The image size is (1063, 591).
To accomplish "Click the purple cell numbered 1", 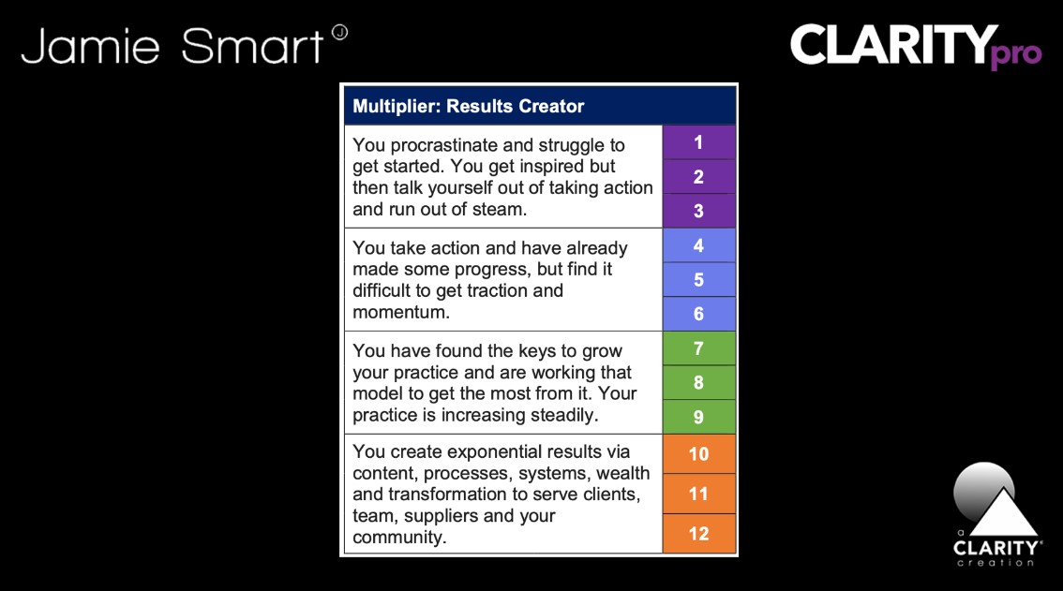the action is [x=699, y=142].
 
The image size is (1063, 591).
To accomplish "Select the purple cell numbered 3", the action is [x=699, y=211].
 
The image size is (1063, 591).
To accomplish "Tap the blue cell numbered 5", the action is [x=699, y=279].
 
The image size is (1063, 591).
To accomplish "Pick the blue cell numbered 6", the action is [x=699, y=314].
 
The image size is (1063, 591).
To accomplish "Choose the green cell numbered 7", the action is [x=699, y=348].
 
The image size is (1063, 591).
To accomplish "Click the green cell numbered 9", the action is [x=699, y=417].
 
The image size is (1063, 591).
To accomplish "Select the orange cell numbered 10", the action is [x=699, y=454].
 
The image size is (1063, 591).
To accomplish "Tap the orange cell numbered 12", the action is [x=699, y=534].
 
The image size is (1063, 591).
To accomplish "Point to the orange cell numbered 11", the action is [x=699, y=495].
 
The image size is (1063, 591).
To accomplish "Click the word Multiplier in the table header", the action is [x=396, y=107].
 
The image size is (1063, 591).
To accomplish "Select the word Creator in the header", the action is [x=551, y=107].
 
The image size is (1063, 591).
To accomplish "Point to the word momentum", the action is [x=400, y=313].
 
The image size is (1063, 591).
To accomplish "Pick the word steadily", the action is [x=564, y=416].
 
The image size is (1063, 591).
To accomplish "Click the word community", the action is [x=399, y=538].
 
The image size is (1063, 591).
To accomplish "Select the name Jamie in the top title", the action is [x=90, y=46].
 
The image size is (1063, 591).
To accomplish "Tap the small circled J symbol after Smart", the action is [x=339, y=32].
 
